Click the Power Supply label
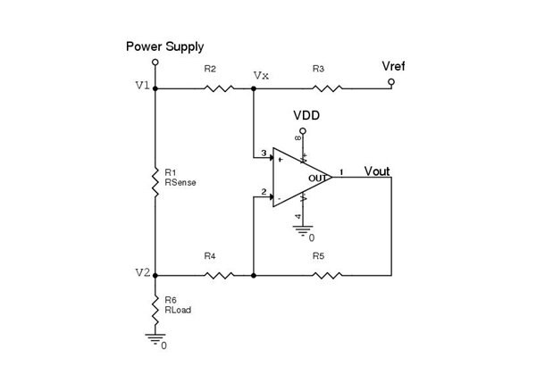click(x=164, y=46)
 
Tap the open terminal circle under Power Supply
click(x=155, y=62)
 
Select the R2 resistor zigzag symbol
click(x=219, y=88)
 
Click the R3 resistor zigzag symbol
click(x=327, y=88)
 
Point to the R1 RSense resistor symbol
click(x=155, y=183)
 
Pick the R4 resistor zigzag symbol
click(x=219, y=275)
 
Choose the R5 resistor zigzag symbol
click(x=327, y=275)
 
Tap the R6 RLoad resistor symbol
click(x=155, y=311)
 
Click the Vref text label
click(x=393, y=66)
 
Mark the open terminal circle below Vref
click(x=391, y=82)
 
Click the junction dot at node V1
click(x=155, y=88)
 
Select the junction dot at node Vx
click(x=253, y=88)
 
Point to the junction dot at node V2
click(x=155, y=275)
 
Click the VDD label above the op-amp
click(x=306, y=115)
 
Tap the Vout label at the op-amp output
click(x=377, y=171)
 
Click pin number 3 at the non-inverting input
click(x=264, y=154)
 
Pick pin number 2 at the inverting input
click(x=264, y=192)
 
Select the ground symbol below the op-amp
click(x=303, y=230)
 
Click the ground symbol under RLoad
click(x=155, y=338)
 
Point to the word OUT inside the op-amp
click(x=317, y=179)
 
